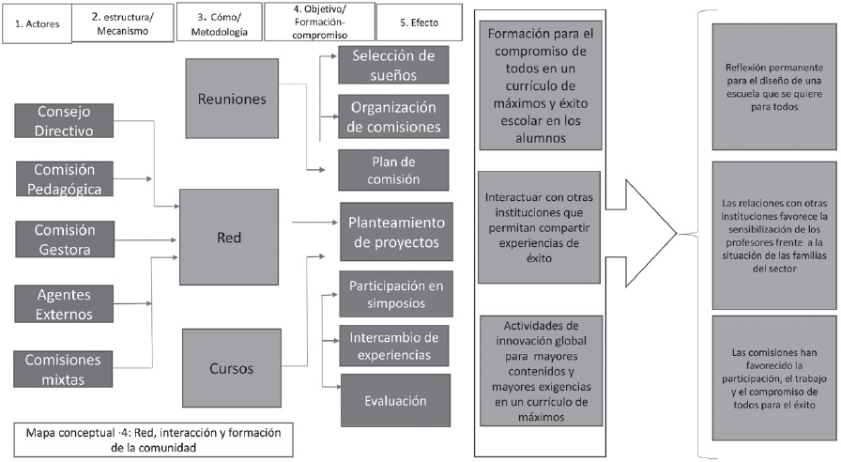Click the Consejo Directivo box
(64, 121)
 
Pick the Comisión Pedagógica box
(64, 177)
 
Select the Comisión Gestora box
(64, 239)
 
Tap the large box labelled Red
(228, 237)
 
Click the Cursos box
(230, 368)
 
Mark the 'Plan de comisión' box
(394, 171)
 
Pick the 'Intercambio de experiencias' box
(394, 345)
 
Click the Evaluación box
(394, 400)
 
